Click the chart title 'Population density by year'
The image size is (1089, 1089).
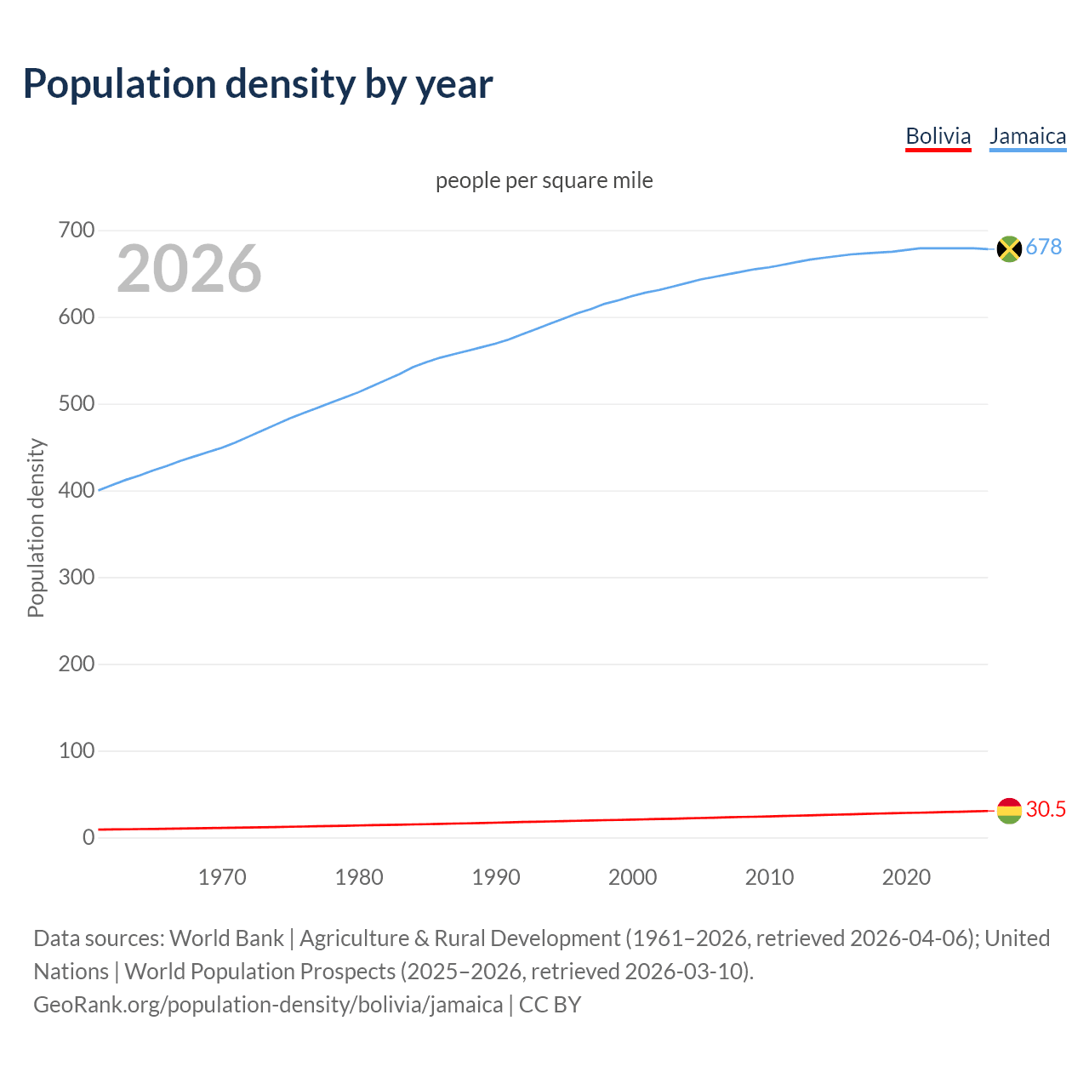point(258,83)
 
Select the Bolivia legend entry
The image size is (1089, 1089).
point(938,136)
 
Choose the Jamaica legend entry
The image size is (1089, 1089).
point(1028,136)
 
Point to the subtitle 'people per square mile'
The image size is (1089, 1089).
point(544,180)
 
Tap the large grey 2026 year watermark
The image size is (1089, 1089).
point(189,269)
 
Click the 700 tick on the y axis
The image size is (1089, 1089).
point(76,231)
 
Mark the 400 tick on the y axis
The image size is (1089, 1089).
point(76,491)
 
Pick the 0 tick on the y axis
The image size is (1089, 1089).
point(88,838)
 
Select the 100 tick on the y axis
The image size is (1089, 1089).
point(76,751)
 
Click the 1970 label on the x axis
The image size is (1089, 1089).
point(222,877)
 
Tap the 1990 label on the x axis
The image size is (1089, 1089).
point(496,877)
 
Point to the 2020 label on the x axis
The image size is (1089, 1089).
point(906,877)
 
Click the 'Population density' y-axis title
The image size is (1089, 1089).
point(36,527)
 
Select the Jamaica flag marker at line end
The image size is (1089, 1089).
point(1008,248)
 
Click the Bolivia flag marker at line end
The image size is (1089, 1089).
point(1008,811)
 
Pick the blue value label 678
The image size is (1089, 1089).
point(1044,247)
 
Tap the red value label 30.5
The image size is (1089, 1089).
point(1046,809)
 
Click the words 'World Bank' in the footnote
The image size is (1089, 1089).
point(226,938)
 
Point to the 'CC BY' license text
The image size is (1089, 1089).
point(550,1005)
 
